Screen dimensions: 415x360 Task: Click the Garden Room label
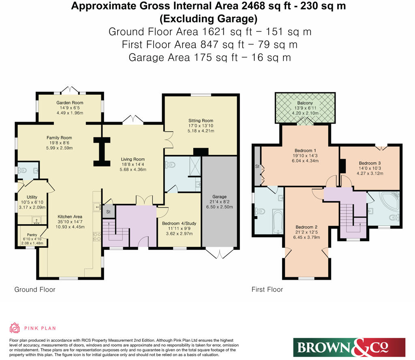coord(70,103)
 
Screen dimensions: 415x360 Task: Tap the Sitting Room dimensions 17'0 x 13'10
coord(201,126)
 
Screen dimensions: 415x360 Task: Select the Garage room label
coord(219,197)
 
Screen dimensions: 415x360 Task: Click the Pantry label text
coord(32,235)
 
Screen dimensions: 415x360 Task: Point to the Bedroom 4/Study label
coord(179,223)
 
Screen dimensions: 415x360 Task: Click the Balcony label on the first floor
coord(305,103)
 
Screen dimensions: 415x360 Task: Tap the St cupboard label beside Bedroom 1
coord(257,167)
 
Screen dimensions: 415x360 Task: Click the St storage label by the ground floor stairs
coord(108,212)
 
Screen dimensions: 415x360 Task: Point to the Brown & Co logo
coord(349,347)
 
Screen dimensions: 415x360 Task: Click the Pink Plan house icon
coord(15,328)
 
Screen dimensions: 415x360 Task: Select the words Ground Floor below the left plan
coord(35,289)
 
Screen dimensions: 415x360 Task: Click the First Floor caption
coord(267,289)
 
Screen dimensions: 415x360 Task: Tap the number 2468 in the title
coord(253,6)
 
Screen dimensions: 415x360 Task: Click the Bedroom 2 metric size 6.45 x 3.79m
coord(306,238)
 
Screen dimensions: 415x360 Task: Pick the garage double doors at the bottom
coord(220,254)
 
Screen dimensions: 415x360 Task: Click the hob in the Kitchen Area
coord(96,236)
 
